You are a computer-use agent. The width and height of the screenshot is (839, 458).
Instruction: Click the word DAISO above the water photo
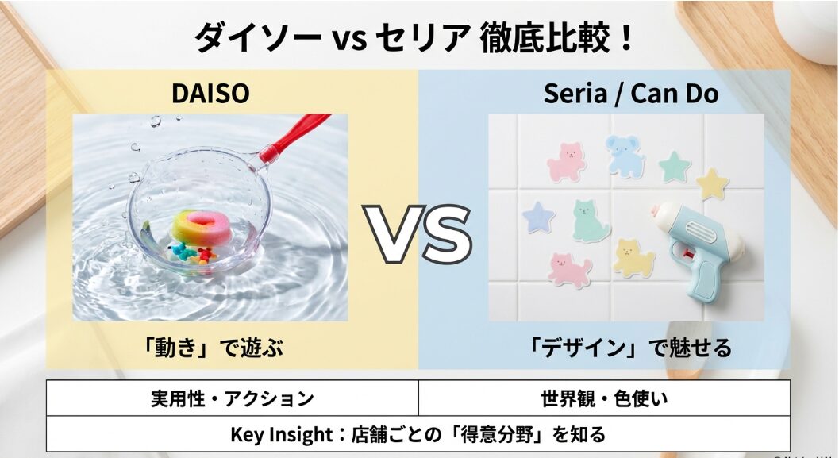(x=210, y=94)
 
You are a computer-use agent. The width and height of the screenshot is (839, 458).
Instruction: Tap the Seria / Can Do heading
(x=631, y=94)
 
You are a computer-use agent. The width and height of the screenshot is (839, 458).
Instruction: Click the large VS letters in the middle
(x=418, y=233)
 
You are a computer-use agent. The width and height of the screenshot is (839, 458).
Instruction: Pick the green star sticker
(x=675, y=166)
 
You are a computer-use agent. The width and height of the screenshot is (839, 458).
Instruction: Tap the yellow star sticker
(x=712, y=183)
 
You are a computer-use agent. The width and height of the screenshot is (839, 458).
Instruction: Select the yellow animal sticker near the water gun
(x=633, y=258)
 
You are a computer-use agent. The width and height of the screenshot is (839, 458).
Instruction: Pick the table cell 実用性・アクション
(x=232, y=398)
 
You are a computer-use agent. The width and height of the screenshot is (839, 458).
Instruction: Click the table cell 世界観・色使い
(x=604, y=398)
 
